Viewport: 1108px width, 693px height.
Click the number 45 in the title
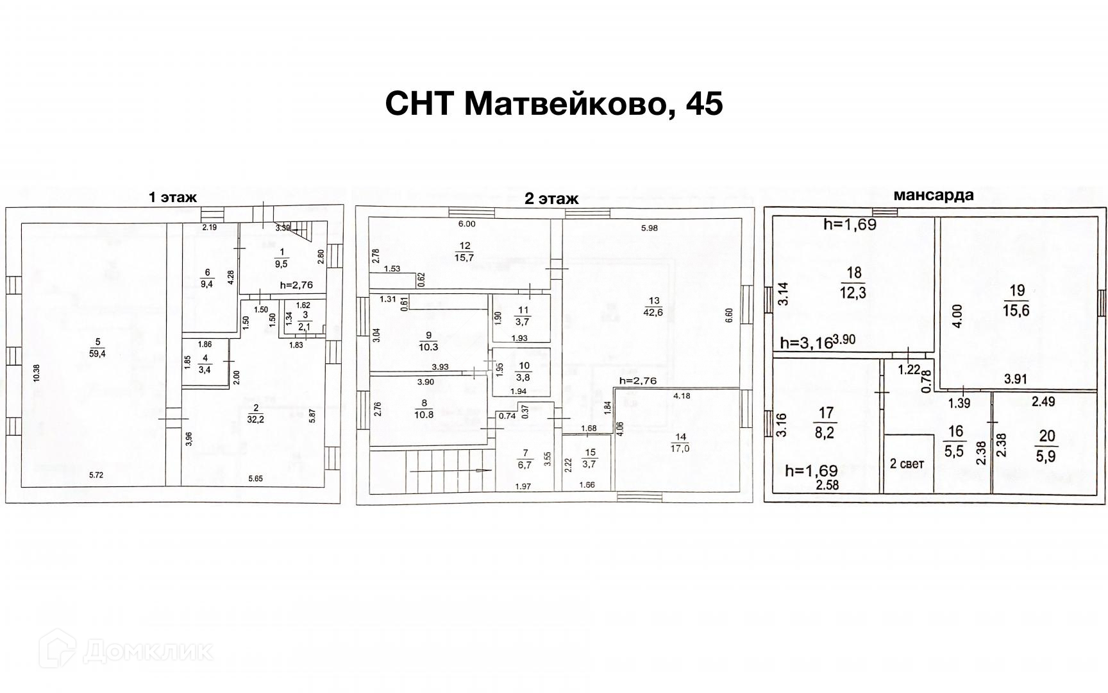click(x=704, y=103)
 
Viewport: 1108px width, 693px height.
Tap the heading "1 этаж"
click(x=172, y=198)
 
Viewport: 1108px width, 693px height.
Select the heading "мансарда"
click(x=934, y=195)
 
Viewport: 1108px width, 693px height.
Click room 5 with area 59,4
click(x=98, y=346)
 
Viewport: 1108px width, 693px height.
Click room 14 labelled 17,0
click(x=680, y=443)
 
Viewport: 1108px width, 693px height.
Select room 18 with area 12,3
click(x=853, y=282)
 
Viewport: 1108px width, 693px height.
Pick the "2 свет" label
click(x=907, y=464)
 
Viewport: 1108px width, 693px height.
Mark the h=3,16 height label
click(x=805, y=343)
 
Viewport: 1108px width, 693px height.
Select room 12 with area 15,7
click(x=465, y=252)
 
